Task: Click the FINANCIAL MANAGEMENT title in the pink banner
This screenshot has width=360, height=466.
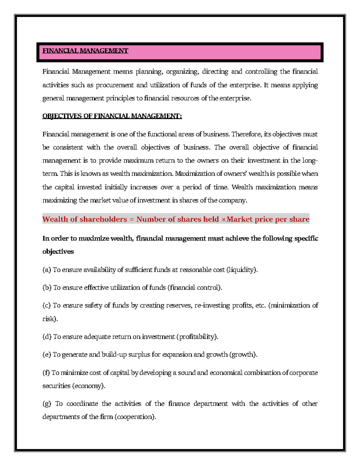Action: pyautogui.click(x=85, y=51)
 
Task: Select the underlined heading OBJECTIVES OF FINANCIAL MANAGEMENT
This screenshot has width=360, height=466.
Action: pyautogui.click(x=112, y=116)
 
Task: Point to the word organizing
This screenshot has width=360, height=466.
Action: pyautogui.click(x=182, y=72)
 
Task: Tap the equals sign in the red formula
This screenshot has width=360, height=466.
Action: pyautogui.click(x=131, y=219)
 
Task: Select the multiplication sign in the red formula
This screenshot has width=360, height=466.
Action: pyautogui.click(x=223, y=219)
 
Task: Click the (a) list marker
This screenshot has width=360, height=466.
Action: pyautogui.click(x=46, y=270)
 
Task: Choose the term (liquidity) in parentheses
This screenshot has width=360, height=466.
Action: pyautogui.click(x=242, y=270)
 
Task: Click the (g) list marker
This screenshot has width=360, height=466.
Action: pyautogui.click(x=47, y=404)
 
